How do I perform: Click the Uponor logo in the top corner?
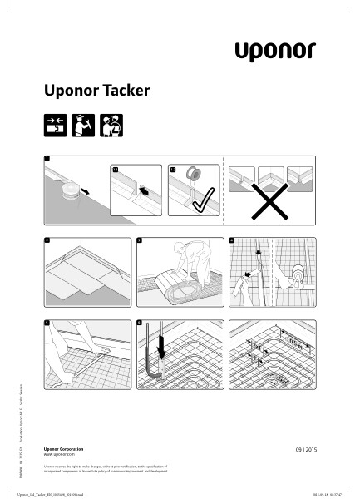pyautogui.click(x=274, y=51)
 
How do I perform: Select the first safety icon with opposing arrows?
pyautogui.click(x=54, y=125)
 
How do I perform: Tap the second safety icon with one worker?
pyautogui.click(x=82, y=125)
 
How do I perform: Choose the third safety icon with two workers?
pyautogui.click(x=111, y=125)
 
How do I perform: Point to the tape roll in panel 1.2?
pyautogui.click(x=192, y=175)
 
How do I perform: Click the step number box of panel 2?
pyautogui.click(x=47, y=240)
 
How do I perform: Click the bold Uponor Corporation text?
pyautogui.click(x=63, y=449)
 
